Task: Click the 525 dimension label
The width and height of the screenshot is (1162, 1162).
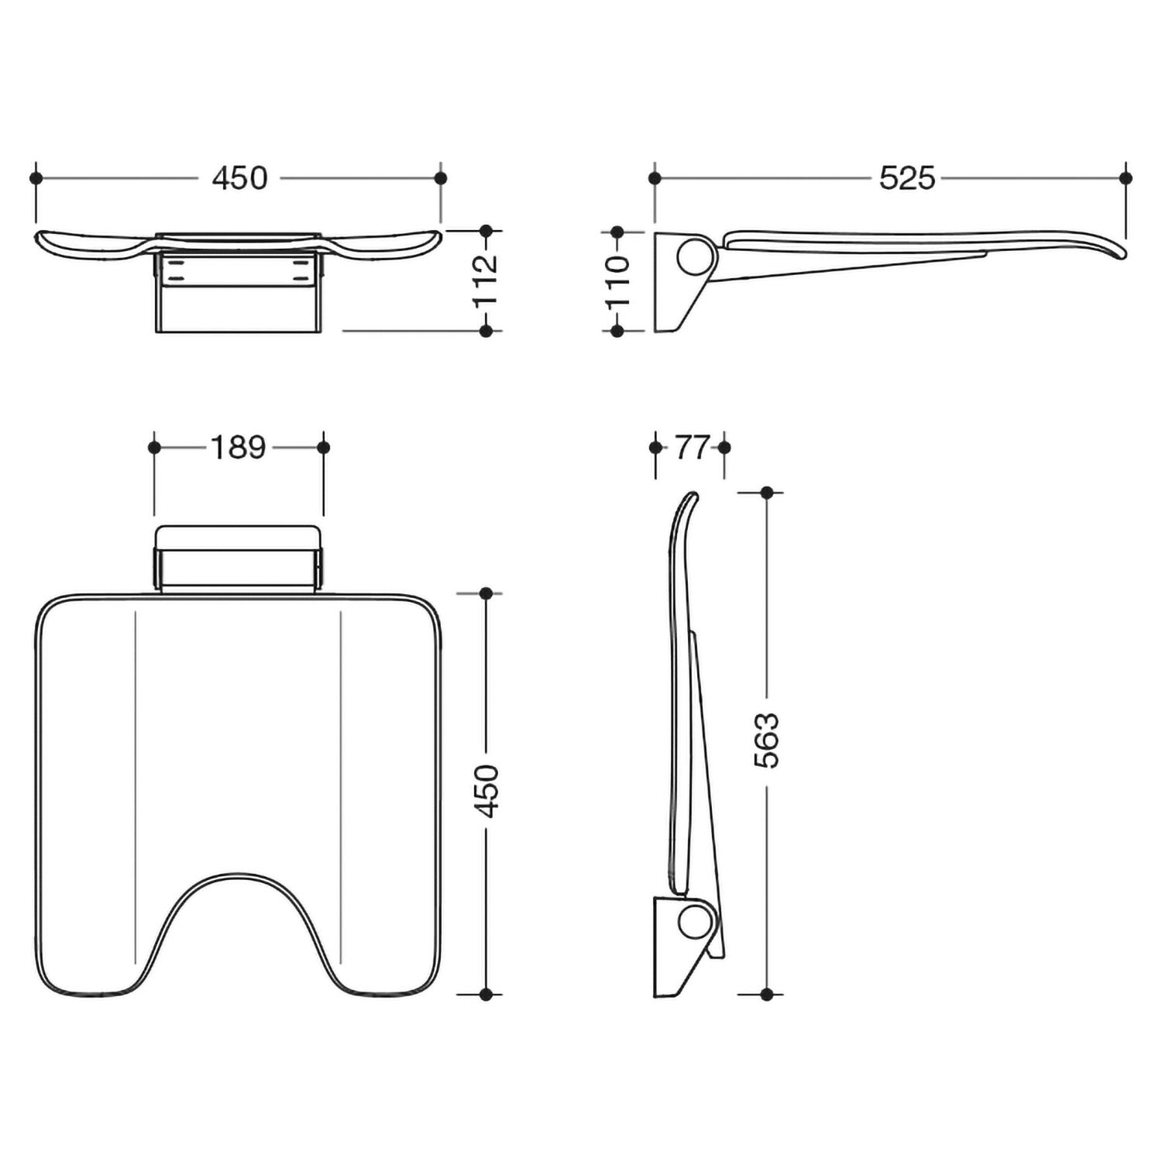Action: tap(907, 178)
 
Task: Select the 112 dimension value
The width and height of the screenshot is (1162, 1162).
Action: tap(486, 280)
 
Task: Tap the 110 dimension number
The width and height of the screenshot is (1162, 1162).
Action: tap(617, 281)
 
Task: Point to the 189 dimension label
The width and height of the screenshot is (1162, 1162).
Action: tap(238, 447)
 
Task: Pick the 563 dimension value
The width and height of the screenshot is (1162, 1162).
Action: tap(767, 741)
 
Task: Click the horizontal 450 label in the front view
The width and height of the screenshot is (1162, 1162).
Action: tap(240, 178)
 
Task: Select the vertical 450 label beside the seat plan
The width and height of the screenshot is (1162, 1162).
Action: tap(486, 791)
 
